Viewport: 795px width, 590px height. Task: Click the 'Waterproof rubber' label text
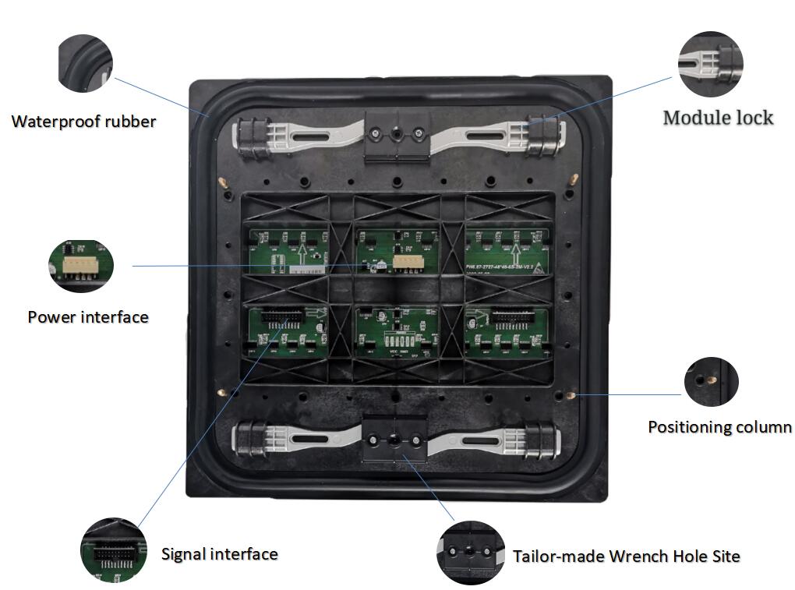(83, 122)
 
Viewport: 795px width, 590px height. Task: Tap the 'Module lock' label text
(718, 118)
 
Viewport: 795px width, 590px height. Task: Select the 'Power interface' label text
(88, 317)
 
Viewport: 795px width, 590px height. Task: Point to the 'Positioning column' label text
(719, 427)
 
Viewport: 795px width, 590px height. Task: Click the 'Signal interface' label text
(219, 554)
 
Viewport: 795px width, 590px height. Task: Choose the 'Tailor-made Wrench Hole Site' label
(626, 556)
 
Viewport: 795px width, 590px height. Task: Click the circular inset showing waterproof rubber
(85, 63)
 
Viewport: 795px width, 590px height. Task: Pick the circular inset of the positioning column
(711, 382)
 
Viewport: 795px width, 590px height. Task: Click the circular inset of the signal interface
(113, 549)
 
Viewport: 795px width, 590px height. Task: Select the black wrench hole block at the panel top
(396, 136)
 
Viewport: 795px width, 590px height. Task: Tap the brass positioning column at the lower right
(573, 394)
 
